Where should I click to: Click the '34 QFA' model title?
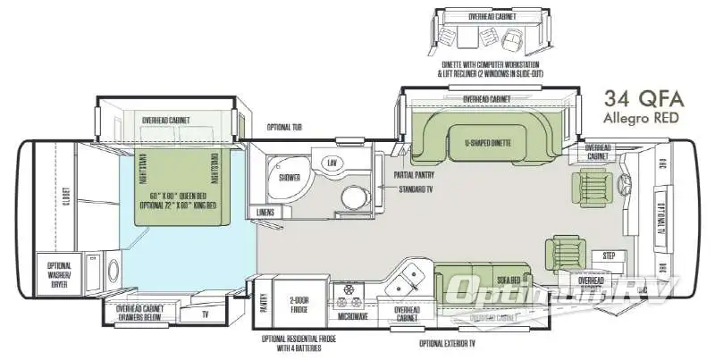(641, 99)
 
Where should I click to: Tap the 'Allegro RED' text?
(641, 118)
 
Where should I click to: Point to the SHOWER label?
(289, 178)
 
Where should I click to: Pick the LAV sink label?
(332, 163)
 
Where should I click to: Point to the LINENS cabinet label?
(265, 212)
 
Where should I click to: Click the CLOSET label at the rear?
(64, 196)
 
